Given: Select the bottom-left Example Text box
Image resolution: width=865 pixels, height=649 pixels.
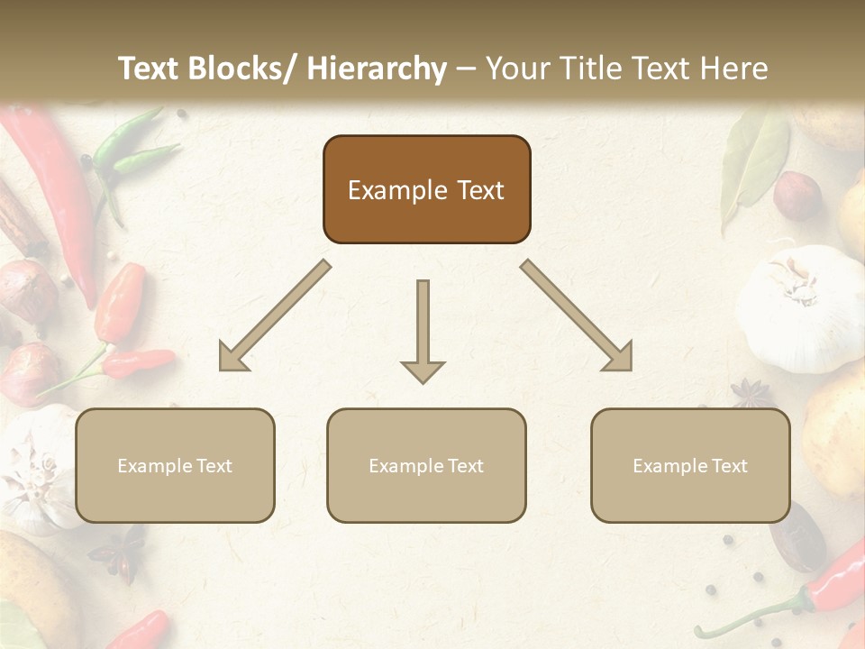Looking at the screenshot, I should click(x=175, y=465).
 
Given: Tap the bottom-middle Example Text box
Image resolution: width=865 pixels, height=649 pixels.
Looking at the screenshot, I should click(x=426, y=465).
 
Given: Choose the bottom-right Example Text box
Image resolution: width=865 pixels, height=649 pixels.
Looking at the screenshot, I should click(x=690, y=465).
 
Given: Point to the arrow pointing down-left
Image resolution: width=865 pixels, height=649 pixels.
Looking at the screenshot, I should click(x=273, y=316).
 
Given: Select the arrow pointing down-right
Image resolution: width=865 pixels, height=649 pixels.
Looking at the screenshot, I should click(x=578, y=316).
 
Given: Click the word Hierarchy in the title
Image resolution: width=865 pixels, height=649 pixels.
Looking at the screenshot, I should click(x=377, y=69).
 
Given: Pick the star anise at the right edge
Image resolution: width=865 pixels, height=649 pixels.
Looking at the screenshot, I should click(x=751, y=393).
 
